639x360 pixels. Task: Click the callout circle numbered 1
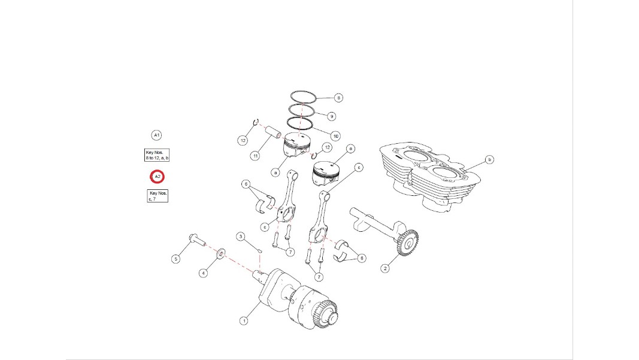tap(244, 321)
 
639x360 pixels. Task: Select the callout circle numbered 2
tap(385, 268)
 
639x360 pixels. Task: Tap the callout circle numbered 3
tap(241, 237)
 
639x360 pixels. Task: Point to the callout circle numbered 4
tap(204, 273)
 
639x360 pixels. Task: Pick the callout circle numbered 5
tap(175, 259)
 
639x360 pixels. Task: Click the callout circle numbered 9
tap(331, 116)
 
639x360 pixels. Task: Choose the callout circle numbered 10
tap(335, 136)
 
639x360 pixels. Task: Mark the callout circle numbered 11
tap(255, 156)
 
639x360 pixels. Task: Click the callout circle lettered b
tap(489, 159)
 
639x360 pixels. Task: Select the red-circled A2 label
tap(158, 177)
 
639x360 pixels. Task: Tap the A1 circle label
tap(156, 135)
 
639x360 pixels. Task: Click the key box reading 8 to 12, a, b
tap(157, 155)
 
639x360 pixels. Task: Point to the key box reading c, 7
tap(158, 196)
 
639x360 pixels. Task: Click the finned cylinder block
tap(430, 177)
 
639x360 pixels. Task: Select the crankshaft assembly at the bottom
tap(298, 298)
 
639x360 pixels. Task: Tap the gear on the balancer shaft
tap(407, 243)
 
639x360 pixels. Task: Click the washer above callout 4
tap(220, 253)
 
